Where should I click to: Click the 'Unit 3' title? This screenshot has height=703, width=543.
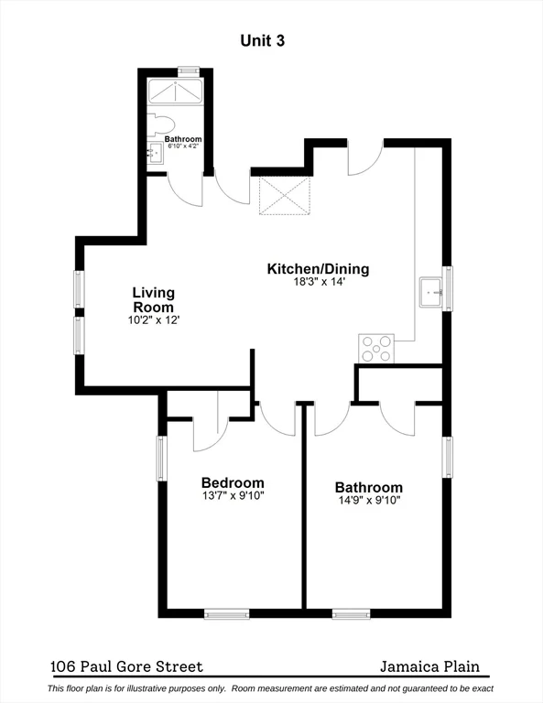270,39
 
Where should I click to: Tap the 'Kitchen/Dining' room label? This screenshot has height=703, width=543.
318,269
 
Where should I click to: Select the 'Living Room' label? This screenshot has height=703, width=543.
153,299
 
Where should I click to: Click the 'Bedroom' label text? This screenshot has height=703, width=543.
233,482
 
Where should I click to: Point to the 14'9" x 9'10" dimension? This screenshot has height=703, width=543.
368,501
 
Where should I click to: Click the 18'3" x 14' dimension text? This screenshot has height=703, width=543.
318,283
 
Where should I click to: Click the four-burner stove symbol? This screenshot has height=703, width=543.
376,349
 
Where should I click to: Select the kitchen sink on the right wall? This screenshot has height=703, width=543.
430,292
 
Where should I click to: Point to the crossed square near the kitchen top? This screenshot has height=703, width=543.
285,195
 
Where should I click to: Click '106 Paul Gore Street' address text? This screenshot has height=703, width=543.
127,667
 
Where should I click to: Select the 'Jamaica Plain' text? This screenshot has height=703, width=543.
429,667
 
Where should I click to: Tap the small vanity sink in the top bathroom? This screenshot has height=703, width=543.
155,153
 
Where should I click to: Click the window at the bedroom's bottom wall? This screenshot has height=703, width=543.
226,614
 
